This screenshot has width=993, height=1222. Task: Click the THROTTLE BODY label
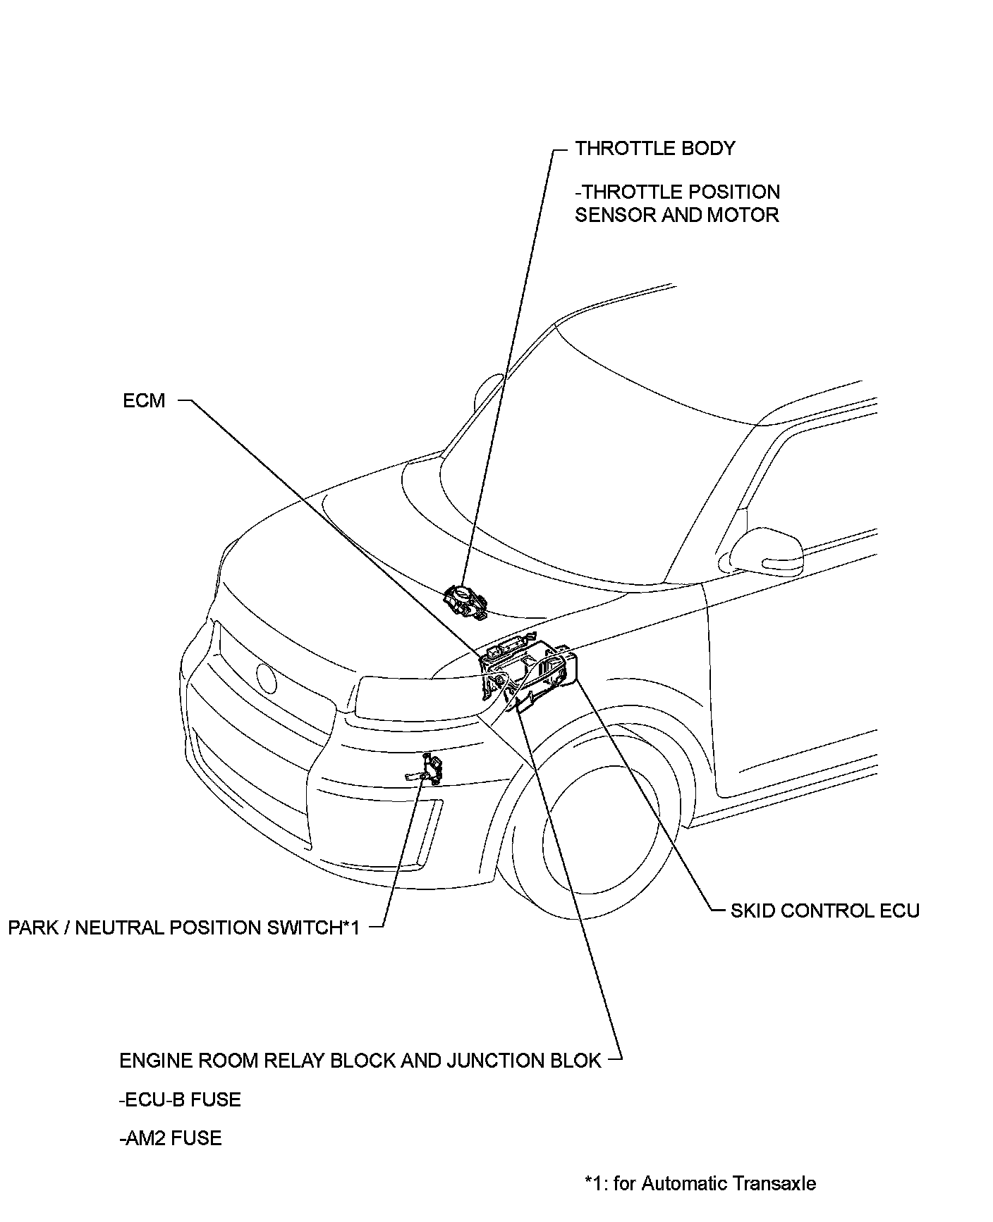click(654, 149)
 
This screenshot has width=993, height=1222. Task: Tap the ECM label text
click(144, 401)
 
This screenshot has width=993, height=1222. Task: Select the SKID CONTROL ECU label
click(824, 911)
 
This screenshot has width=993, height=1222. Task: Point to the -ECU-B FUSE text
click(180, 1099)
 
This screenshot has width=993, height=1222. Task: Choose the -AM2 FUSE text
click(170, 1138)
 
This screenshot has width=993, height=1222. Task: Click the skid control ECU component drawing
click(561, 666)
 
